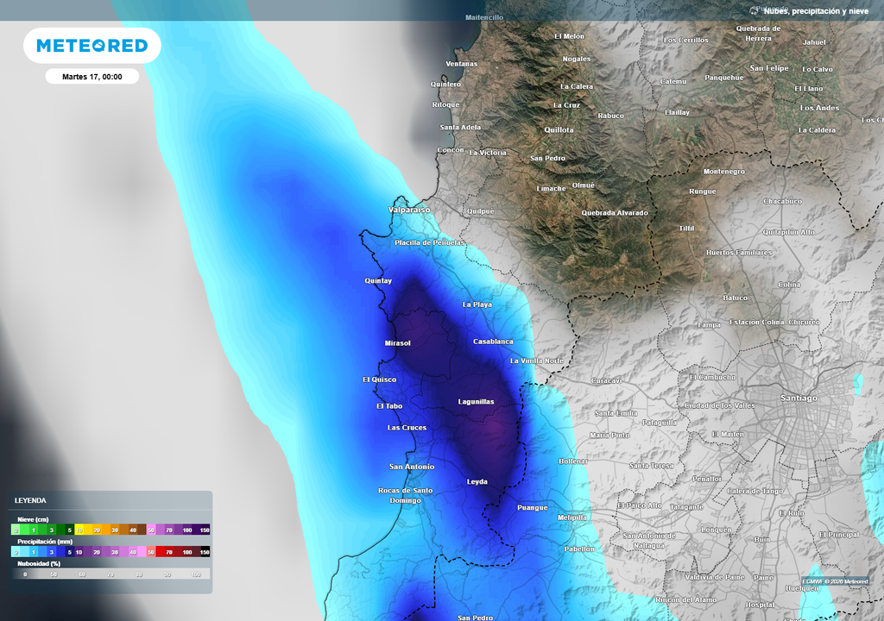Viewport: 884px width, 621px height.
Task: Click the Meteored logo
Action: (x=92, y=46)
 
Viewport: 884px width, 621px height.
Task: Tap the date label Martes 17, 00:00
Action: (x=92, y=77)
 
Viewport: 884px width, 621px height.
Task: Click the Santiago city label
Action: (x=798, y=398)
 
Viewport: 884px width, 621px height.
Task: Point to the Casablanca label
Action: (x=493, y=342)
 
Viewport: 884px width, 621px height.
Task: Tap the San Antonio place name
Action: (x=412, y=467)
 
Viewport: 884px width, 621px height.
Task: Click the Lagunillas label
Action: (x=476, y=402)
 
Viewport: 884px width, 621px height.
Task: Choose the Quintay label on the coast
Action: (x=378, y=281)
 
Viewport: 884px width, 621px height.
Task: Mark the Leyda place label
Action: (x=477, y=481)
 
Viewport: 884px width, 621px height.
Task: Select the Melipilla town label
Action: (x=571, y=517)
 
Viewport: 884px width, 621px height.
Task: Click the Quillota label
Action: (x=559, y=129)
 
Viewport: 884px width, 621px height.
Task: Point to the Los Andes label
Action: (x=819, y=108)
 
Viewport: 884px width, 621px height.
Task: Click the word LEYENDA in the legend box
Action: (x=30, y=500)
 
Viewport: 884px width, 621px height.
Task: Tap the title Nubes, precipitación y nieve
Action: (x=815, y=11)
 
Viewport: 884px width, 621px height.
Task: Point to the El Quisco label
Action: (x=379, y=379)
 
